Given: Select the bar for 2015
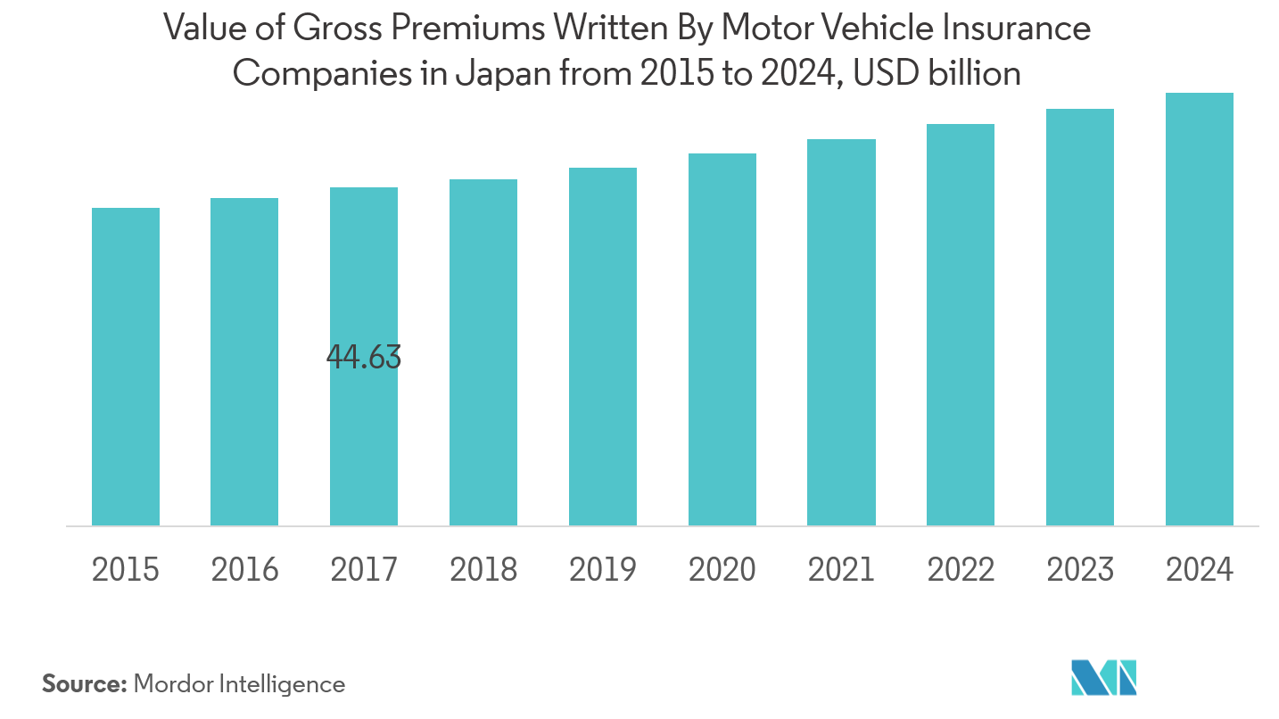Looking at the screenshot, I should [126, 367].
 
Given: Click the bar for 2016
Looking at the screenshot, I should [244, 361].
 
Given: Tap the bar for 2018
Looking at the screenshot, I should [483, 352].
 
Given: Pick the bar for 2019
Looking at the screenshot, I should [603, 346].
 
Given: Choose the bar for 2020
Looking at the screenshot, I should [722, 339].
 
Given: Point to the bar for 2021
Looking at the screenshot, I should [841, 332].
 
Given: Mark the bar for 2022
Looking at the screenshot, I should [961, 325].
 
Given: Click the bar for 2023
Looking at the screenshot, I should [1080, 317].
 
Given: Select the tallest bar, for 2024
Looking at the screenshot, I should [1200, 309].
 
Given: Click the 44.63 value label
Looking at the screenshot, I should [364, 358].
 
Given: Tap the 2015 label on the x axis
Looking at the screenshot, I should [126, 569].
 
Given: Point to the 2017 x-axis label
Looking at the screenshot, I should [364, 569].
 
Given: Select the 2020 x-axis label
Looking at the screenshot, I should [722, 569].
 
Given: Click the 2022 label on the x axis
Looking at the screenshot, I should [961, 569].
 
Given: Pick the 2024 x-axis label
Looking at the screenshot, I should [1200, 569].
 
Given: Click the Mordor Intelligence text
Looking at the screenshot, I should [239, 684].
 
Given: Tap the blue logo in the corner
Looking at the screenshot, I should [1104, 677].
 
